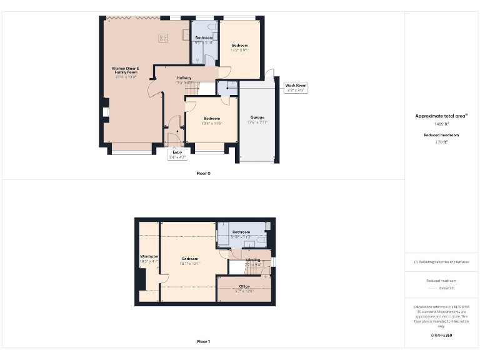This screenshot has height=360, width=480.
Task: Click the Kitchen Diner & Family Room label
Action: [x=125, y=70]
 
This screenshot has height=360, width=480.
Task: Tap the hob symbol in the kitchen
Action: [x=163, y=38]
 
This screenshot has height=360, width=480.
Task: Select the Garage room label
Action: [x=257, y=117]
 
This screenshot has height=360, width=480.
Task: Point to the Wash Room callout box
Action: [x=296, y=87]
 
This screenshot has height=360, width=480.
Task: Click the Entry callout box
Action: [x=177, y=154]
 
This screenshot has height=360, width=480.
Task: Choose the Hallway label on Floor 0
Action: [x=184, y=77]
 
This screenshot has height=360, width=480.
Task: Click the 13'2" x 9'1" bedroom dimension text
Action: [x=240, y=50]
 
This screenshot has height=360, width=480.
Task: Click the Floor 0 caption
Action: [x=203, y=173]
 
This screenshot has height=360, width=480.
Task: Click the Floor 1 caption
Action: [x=203, y=342]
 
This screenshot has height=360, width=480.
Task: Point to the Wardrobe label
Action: [x=149, y=256]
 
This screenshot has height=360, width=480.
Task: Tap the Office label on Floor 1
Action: [x=244, y=286]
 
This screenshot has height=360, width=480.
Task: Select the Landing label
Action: [x=253, y=259]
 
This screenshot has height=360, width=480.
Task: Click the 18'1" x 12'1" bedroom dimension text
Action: [x=190, y=263]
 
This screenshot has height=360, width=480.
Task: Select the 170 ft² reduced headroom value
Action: [x=441, y=142]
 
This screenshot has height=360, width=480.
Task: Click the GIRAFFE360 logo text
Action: [x=441, y=336]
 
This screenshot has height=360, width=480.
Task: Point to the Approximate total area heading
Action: [x=441, y=116]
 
